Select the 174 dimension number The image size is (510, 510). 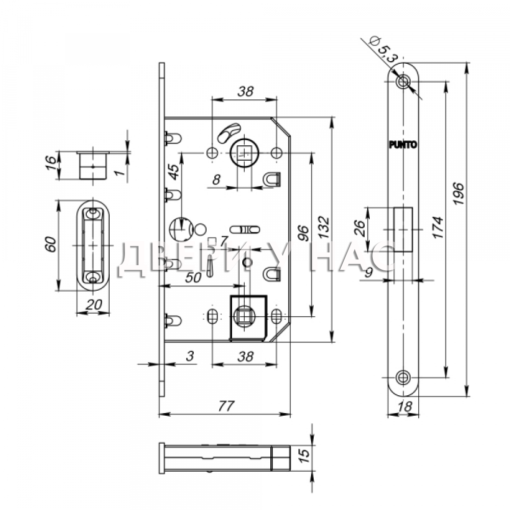(x=438, y=227)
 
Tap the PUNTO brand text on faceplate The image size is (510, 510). (x=403, y=144)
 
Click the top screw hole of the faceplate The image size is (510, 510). (x=403, y=81)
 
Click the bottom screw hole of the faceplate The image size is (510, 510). (x=403, y=377)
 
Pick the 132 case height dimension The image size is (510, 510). (x=324, y=227)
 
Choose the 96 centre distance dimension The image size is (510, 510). (x=303, y=233)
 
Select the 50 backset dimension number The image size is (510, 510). (x=193, y=277)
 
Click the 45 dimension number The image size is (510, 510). (x=174, y=172)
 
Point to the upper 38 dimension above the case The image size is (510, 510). (x=245, y=91)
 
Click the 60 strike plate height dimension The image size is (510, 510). (x=50, y=245)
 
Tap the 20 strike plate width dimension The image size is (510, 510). (x=94, y=305)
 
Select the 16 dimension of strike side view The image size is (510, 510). (x=50, y=163)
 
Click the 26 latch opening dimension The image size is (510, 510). (x=360, y=228)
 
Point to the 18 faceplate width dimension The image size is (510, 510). (x=404, y=406)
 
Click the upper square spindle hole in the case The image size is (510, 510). (x=244, y=152)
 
